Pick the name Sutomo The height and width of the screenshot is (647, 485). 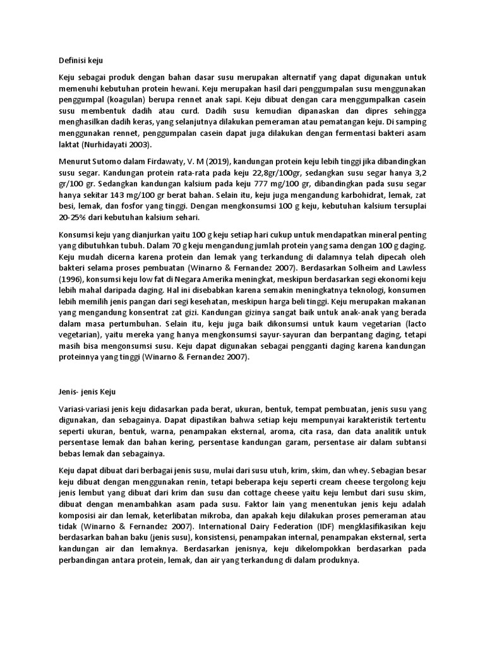point(96,161)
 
